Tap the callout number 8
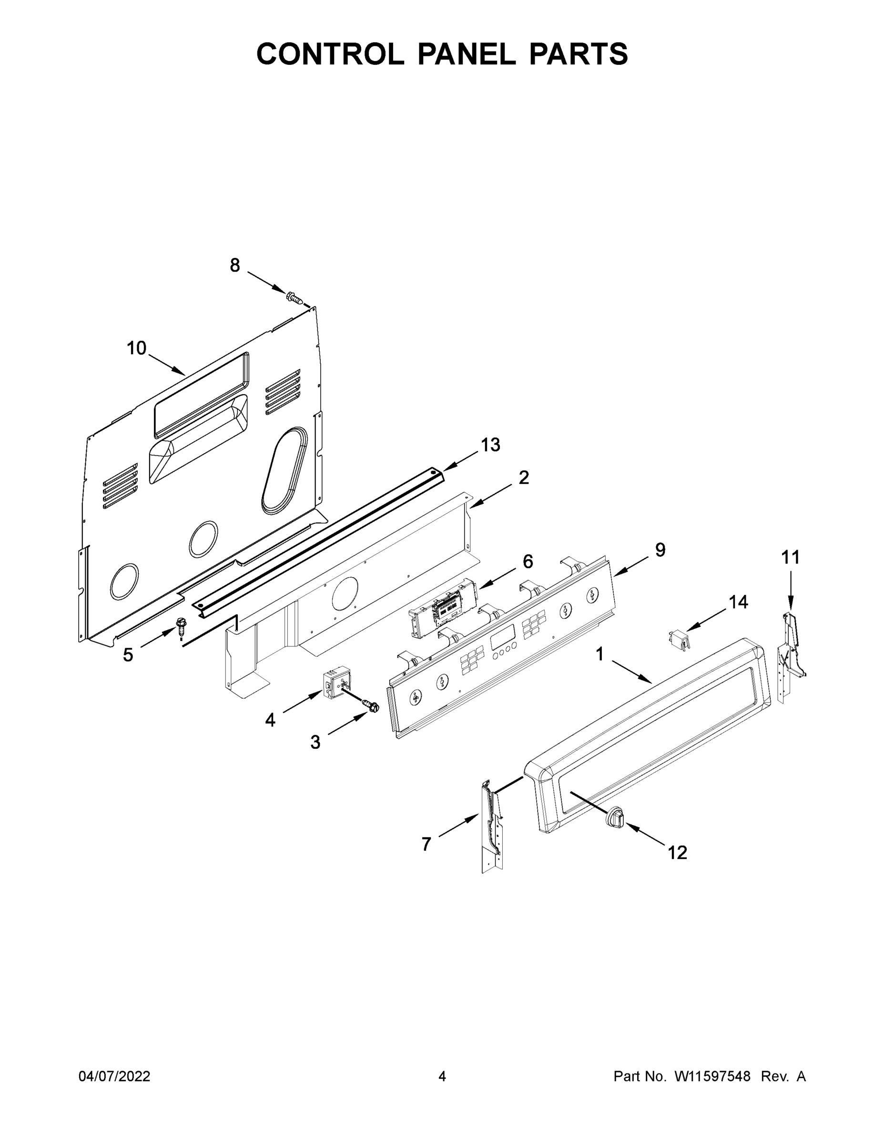pyautogui.click(x=235, y=266)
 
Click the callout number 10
pyautogui.click(x=137, y=348)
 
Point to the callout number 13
pyautogui.click(x=490, y=445)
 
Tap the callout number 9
pyautogui.click(x=660, y=550)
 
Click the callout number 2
pyautogui.click(x=524, y=478)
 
